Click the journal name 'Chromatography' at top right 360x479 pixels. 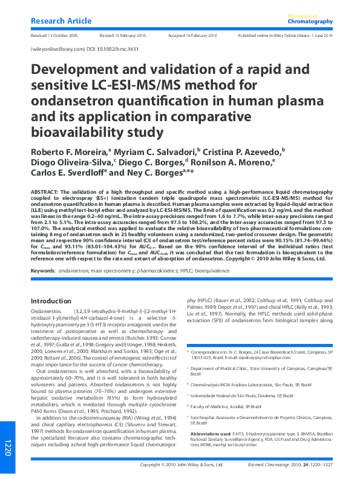[x=311, y=22]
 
